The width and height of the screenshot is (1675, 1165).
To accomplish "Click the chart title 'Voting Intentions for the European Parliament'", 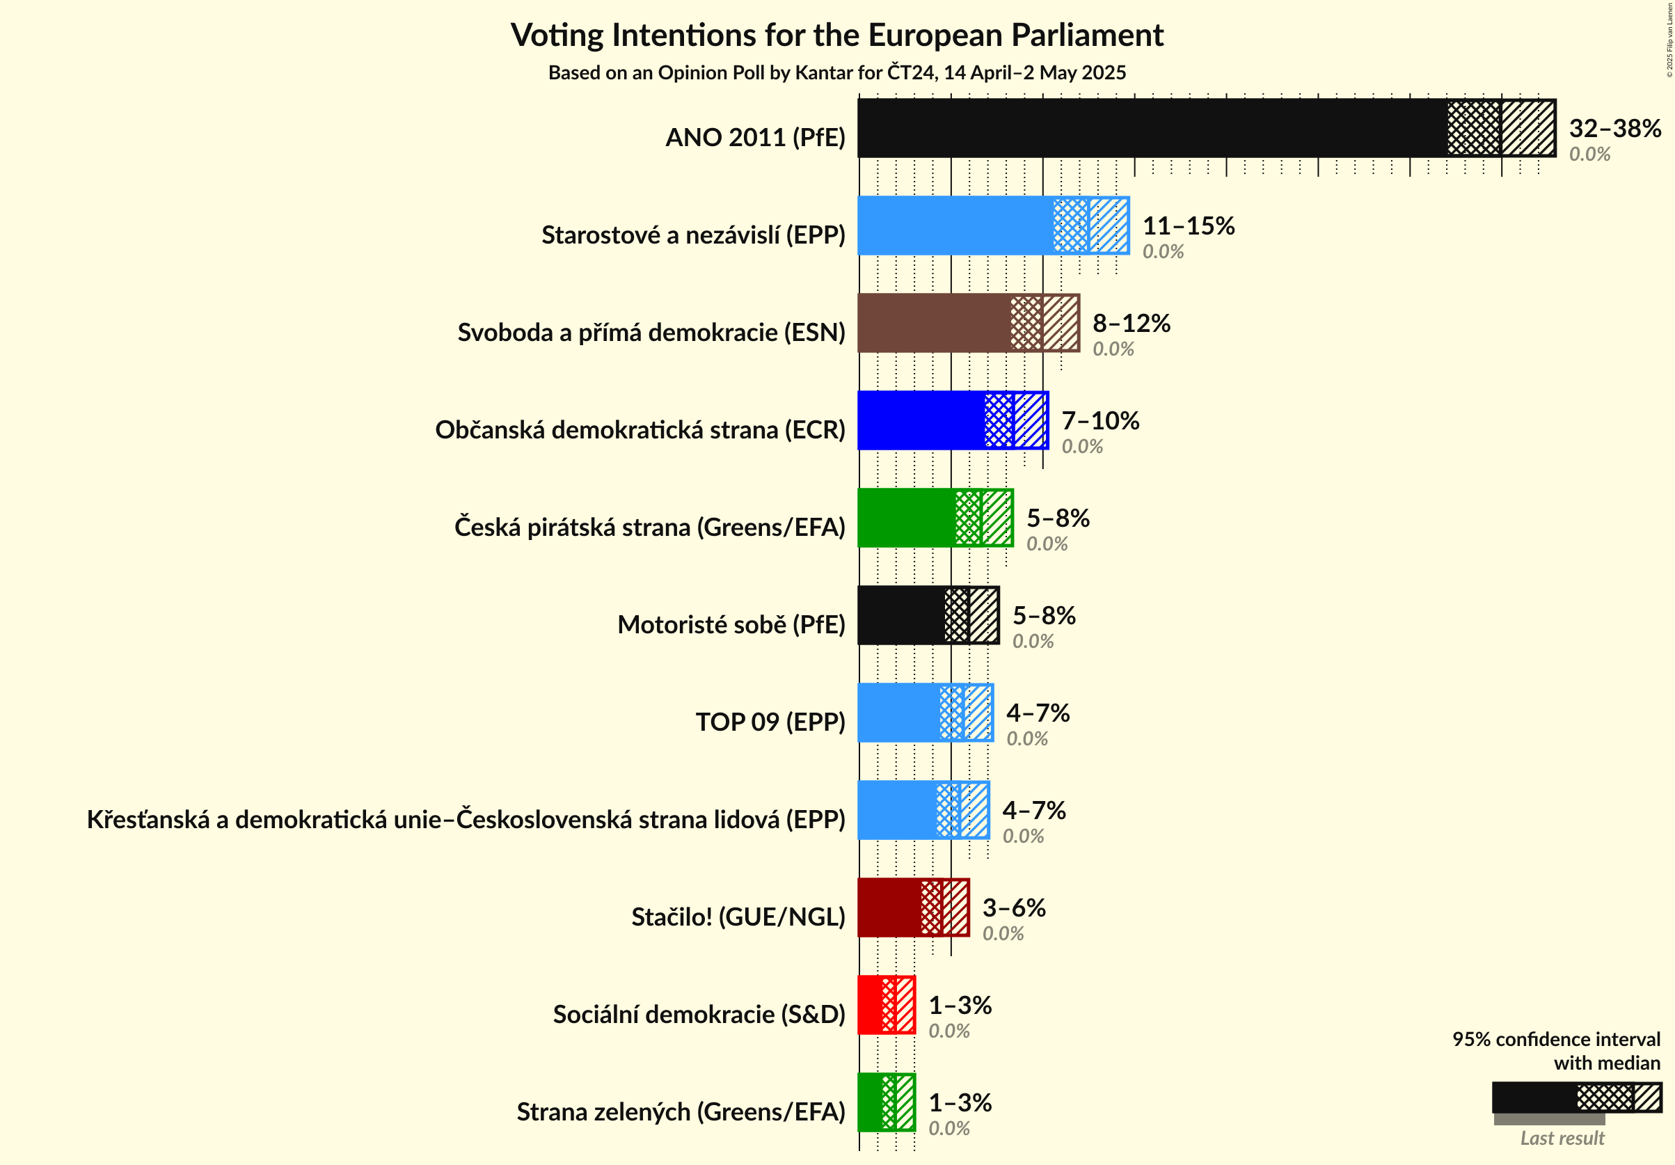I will [836, 35].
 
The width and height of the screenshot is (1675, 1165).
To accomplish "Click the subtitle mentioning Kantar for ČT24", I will [836, 73].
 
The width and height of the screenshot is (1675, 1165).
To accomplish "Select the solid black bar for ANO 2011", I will [1152, 128].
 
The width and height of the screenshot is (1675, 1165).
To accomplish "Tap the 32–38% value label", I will [1614, 128].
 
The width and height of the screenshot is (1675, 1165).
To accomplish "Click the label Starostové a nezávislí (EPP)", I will [693, 235].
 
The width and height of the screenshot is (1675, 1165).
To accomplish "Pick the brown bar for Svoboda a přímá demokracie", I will [934, 323].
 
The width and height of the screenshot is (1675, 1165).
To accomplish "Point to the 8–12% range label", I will [1131, 323].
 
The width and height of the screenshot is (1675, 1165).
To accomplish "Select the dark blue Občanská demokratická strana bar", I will [921, 421].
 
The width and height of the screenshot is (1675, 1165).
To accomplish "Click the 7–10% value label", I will [1100, 421].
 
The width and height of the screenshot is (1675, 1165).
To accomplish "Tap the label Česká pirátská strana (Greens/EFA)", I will [649, 527].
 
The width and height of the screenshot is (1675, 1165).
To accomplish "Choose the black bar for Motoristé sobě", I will [901, 616].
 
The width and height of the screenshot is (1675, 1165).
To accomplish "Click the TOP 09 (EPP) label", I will [770, 722].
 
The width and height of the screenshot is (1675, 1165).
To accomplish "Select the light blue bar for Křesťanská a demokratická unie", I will [897, 811].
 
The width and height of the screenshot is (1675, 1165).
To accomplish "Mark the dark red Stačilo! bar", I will [889, 908].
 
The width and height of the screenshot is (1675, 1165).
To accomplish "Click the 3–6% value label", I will [1014, 908].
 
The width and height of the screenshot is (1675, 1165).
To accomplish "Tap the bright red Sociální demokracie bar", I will [870, 1005].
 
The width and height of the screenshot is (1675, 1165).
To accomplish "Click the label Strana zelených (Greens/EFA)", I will [681, 1111].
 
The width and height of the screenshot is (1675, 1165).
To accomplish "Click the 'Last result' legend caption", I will [1562, 1138].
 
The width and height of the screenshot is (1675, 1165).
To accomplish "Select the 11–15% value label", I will [1189, 226].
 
